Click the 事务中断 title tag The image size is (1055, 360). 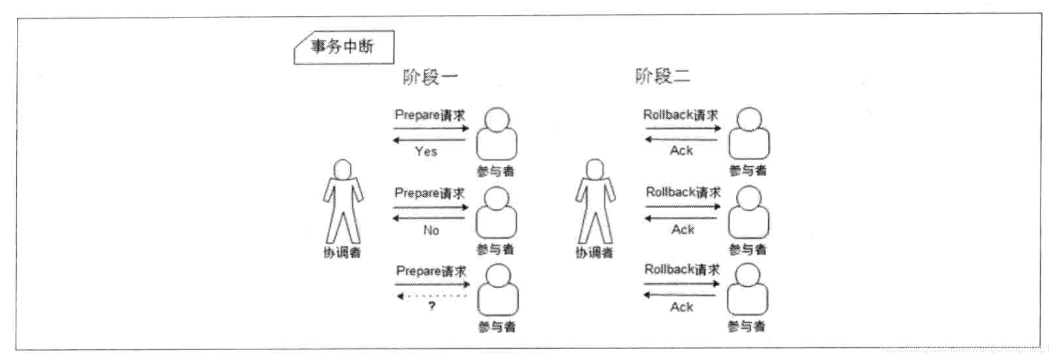pos(343,47)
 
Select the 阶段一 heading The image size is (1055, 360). pos(430,77)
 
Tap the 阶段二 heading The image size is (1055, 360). pos(662,76)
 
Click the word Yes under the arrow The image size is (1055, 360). pos(426,151)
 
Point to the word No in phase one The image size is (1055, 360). pos(431,230)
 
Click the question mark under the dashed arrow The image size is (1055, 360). pos(431,306)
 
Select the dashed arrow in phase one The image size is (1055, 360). pos(431,296)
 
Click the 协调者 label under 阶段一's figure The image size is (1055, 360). pos(342,253)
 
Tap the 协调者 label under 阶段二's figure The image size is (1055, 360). pos(594,252)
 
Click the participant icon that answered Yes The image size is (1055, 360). pos(497,134)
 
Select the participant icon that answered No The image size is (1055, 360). pos(496,212)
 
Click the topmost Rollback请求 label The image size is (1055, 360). pos(681,115)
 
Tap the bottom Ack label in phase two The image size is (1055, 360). pos(682,307)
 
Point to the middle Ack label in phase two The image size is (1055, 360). pos(683,229)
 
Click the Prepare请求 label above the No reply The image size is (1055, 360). pos(429,193)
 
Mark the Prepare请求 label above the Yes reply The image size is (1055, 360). pos(430,115)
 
